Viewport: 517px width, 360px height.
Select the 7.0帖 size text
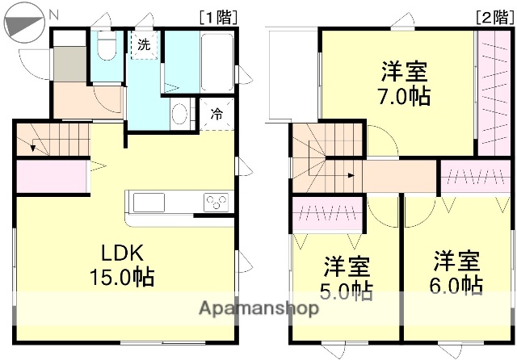406,97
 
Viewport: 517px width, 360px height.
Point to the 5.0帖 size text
348,289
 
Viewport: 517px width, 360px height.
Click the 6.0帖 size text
457,285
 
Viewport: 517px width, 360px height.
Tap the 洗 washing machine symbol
143,45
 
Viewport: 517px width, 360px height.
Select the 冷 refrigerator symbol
216,114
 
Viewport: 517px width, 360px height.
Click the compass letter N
53,15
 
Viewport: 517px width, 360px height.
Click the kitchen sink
150,201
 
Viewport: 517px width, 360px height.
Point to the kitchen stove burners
216,201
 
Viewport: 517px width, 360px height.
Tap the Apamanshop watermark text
258,309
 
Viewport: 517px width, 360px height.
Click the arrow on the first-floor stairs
35,146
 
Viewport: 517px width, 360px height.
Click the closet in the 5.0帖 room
327,214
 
